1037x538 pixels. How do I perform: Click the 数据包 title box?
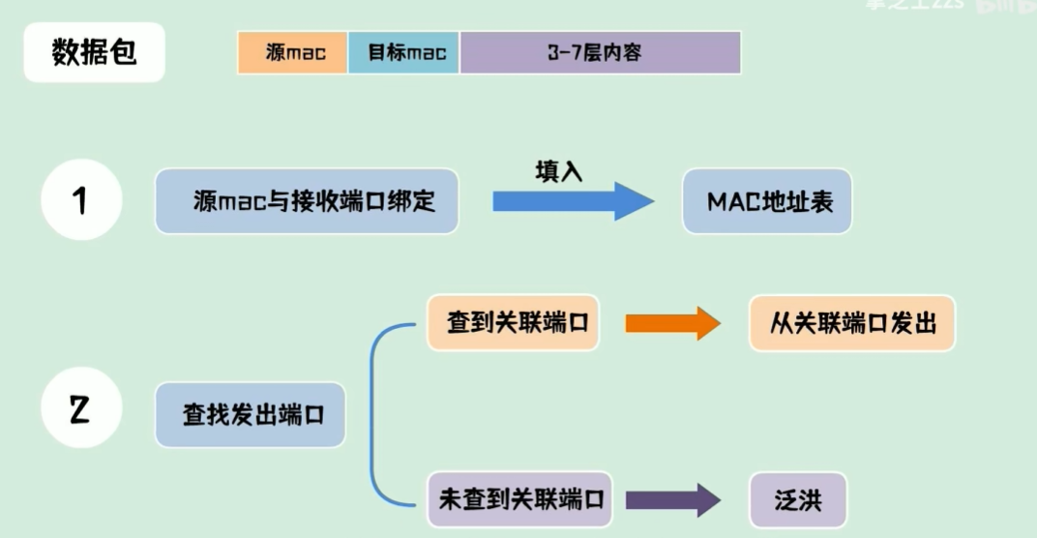click(x=94, y=52)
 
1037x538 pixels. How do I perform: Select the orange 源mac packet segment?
click(x=292, y=52)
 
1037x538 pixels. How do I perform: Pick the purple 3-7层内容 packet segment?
click(x=600, y=52)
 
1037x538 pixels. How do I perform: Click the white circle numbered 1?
click(x=81, y=200)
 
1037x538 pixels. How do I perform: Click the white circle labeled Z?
click(x=81, y=411)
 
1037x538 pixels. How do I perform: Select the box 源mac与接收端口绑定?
click(x=306, y=201)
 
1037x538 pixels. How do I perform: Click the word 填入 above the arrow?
click(x=559, y=170)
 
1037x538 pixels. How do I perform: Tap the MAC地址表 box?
click(x=766, y=201)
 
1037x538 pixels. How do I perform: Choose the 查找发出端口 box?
click(x=250, y=414)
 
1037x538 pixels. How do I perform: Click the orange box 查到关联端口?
click(x=512, y=323)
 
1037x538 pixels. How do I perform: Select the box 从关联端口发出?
click(x=851, y=323)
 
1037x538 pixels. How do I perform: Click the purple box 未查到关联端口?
click(x=519, y=499)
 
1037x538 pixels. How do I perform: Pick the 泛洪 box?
click(x=797, y=499)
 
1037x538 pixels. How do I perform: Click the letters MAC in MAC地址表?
click(x=733, y=201)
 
